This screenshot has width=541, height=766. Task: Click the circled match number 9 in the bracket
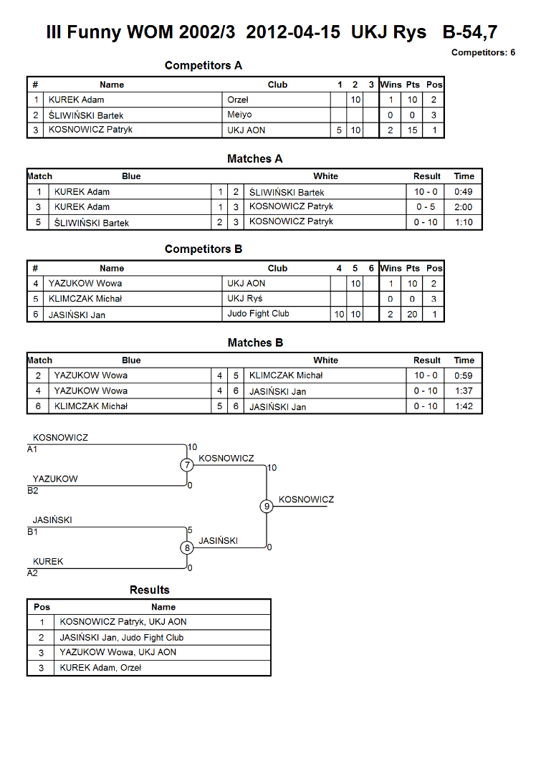267,506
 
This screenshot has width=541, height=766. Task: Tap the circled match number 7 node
187,465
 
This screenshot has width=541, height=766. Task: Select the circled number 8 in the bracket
187,547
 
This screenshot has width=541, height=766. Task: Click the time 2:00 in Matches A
464,207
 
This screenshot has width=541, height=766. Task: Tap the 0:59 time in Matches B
464,375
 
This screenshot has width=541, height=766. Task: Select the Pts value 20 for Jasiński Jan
412,314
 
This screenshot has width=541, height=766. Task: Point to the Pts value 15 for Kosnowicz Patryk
412,130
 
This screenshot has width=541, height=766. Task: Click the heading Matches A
254,159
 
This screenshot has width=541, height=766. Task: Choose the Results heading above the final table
150,590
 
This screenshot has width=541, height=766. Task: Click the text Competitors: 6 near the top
484,53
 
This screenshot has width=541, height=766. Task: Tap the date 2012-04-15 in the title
293,32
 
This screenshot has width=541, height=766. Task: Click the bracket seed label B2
33,491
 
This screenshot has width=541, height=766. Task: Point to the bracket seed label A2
32,573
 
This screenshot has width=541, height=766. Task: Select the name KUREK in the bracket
48,562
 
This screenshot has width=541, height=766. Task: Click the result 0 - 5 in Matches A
426,207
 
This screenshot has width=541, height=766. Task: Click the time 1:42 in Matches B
464,406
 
